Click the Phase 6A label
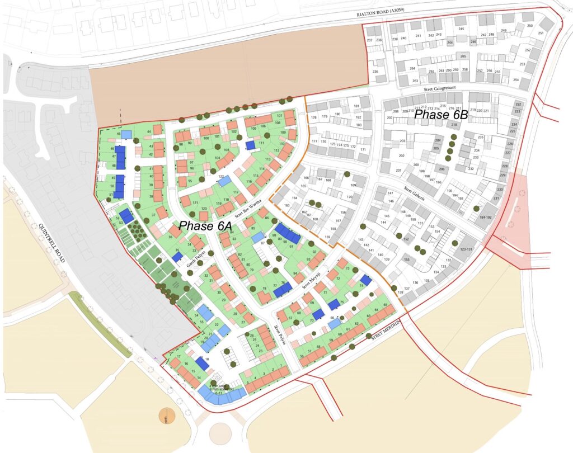click(x=205, y=226)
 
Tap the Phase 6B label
click(x=440, y=114)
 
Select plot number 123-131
click(x=465, y=249)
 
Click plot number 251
click(x=541, y=33)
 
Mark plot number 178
click(x=314, y=117)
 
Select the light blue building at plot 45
click(x=126, y=134)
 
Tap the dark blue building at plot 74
click(x=366, y=280)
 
